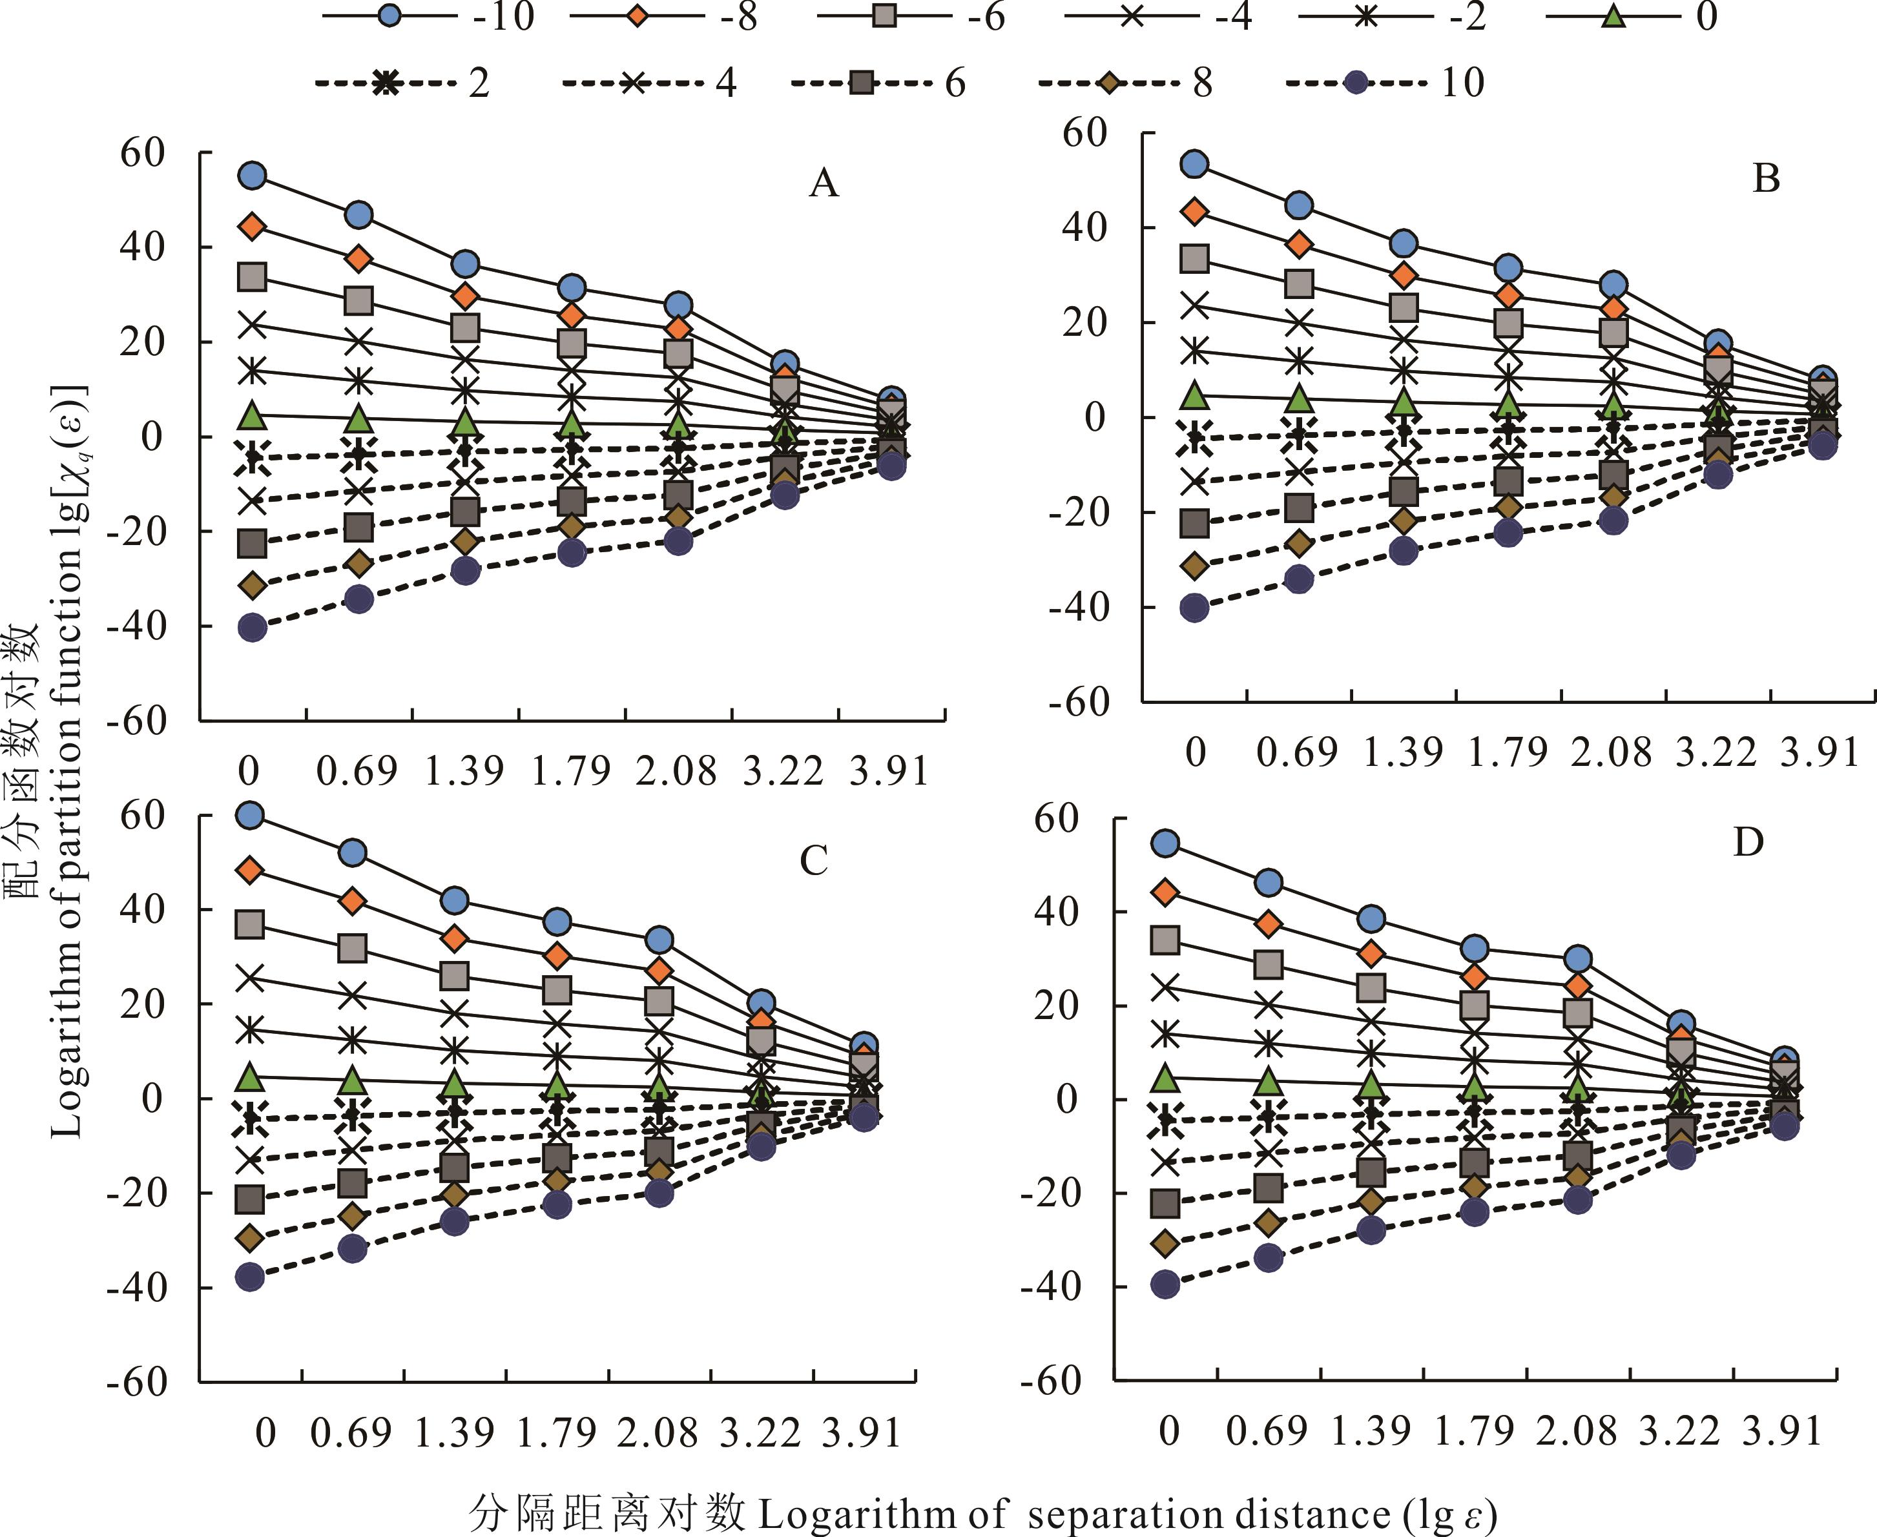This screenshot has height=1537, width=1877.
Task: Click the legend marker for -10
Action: click(x=389, y=17)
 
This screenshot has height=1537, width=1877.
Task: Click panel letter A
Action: click(x=824, y=183)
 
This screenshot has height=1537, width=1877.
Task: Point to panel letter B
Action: click(x=1767, y=179)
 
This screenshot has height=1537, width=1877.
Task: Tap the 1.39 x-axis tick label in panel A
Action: click(x=464, y=772)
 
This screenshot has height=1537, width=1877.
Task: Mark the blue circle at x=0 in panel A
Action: click(x=253, y=175)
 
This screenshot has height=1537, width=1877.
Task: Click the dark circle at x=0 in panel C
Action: click(x=250, y=1277)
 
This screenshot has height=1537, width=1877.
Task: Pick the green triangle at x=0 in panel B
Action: click(x=1196, y=396)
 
